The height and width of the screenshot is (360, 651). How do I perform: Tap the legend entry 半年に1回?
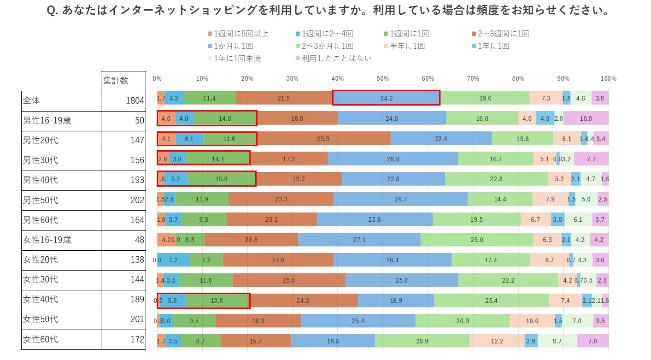click(x=407, y=46)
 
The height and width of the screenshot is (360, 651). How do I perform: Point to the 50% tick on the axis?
click(x=382, y=78)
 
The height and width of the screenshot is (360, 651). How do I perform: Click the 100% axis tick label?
click(x=608, y=78)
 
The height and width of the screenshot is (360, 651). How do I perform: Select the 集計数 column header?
click(x=116, y=81)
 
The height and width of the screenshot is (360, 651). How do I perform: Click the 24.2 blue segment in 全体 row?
click(x=386, y=98)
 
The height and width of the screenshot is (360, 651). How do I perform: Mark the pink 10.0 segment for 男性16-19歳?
click(x=586, y=118)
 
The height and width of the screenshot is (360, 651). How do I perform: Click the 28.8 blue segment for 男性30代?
click(x=393, y=159)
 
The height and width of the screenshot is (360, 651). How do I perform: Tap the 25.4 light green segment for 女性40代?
click(x=491, y=301)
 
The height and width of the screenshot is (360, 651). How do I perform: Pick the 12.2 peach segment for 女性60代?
click(x=497, y=341)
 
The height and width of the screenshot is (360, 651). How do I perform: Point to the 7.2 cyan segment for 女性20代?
click(x=173, y=260)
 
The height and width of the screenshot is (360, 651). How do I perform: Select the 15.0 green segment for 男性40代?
click(x=221, y=179)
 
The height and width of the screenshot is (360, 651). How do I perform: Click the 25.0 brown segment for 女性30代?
click(x=288, y=280)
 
